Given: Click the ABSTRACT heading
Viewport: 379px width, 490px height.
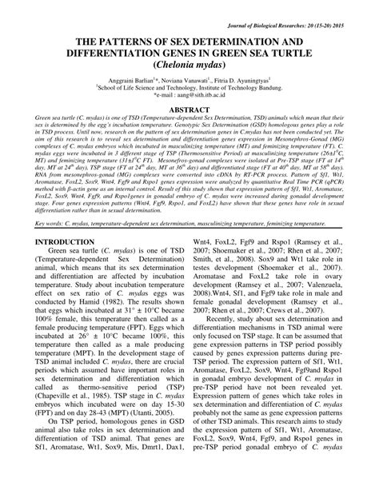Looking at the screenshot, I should click(x=189, y=116).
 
